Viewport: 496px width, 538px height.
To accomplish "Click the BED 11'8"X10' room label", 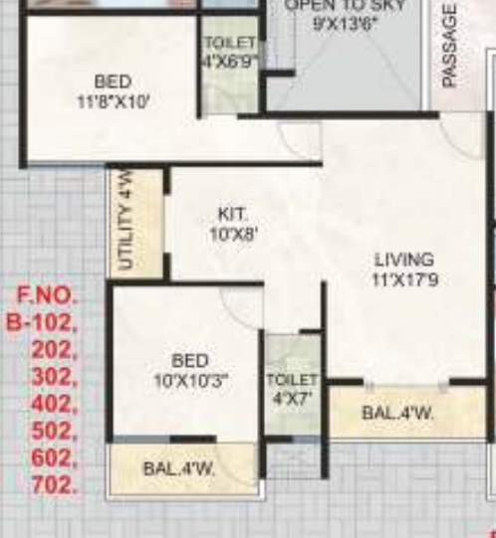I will pyautogui.click(x=113, y=90).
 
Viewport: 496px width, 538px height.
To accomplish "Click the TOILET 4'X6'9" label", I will pyautogui.click(x=230, y=51).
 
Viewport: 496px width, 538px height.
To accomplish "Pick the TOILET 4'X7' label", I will pyautogui.click(x=292, y=389).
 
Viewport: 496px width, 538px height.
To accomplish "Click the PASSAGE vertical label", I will pyautogui.click(x=449, y=46).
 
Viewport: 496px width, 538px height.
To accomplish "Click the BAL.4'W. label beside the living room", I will pyautogui.click(x=397, y=413).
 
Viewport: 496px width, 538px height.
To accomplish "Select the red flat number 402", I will pyautogui.click(x=54, y=404).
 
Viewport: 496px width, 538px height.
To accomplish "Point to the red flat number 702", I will pyautogui.click(x=54, y=486).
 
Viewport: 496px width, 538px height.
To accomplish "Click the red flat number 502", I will pyautogui.click(x=54, y=432).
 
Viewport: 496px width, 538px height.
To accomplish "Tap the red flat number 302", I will pyautogui.click(x=54, y=377).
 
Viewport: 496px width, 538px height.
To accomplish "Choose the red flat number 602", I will pyautogui.click(x=54, y=458).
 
